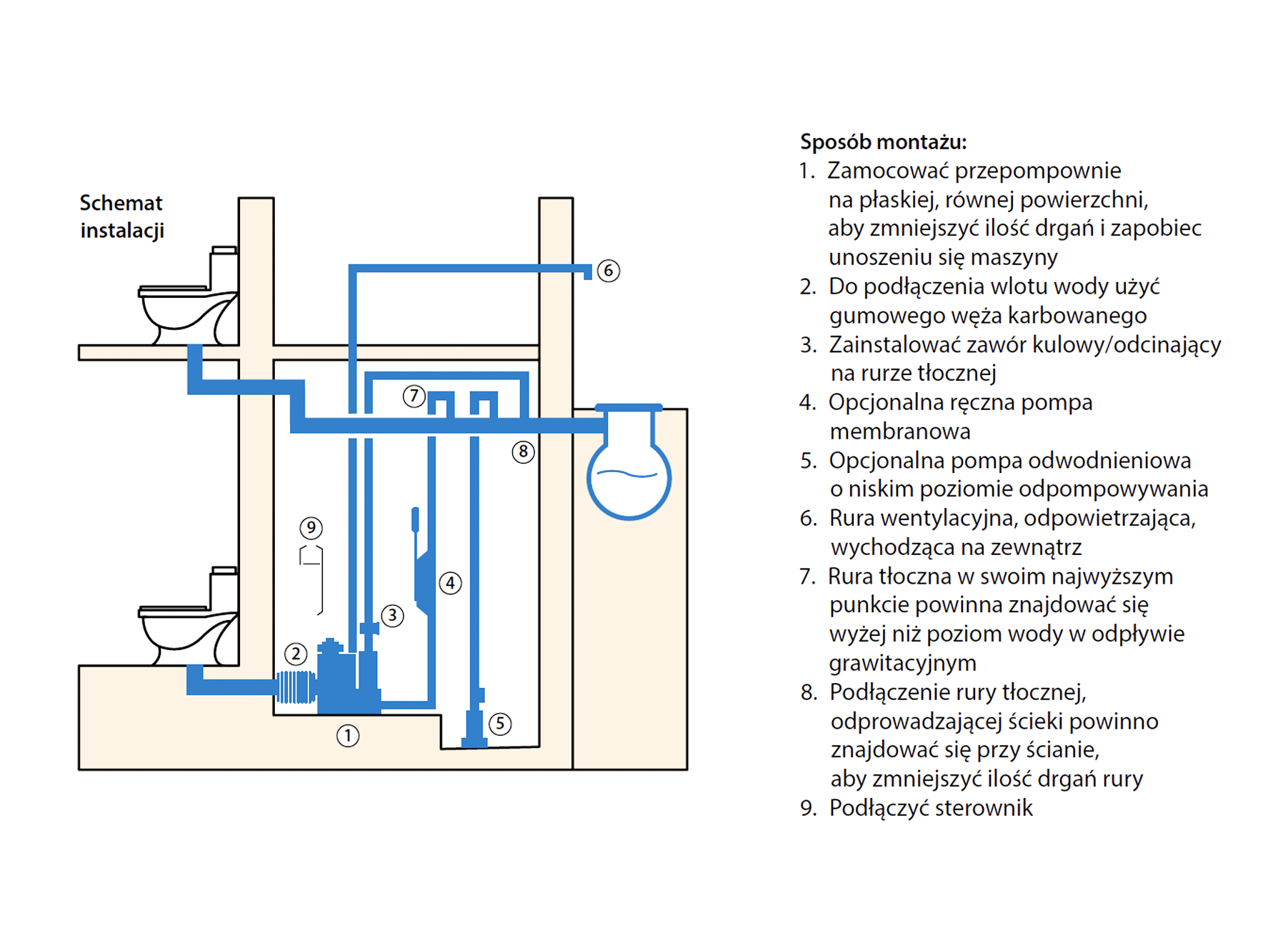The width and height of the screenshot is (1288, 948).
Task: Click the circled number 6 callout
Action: (608, 271)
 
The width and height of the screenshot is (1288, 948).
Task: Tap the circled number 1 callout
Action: (348, 736)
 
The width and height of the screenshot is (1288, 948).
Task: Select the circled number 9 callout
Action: (311, 528)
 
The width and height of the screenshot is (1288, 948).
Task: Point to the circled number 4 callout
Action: (450, 583)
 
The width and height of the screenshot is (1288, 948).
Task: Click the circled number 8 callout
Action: (523, 451)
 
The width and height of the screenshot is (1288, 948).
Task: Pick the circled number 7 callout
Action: (414, 396)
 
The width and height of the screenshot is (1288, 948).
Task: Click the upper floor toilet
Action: (188, 300)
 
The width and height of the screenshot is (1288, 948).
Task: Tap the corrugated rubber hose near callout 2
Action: (296, 687)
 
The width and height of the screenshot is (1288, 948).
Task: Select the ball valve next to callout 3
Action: (369, 628)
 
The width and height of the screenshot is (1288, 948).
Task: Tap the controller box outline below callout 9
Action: (311, 579)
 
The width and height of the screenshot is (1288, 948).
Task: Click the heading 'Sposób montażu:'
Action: (883, 141)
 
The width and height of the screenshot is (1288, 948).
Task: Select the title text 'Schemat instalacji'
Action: (121, 216)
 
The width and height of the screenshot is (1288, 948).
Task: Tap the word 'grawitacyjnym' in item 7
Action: (902, 663)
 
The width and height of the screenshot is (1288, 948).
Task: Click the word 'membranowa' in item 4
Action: (899, 431)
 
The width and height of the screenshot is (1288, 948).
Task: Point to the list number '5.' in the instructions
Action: (808, 461)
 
